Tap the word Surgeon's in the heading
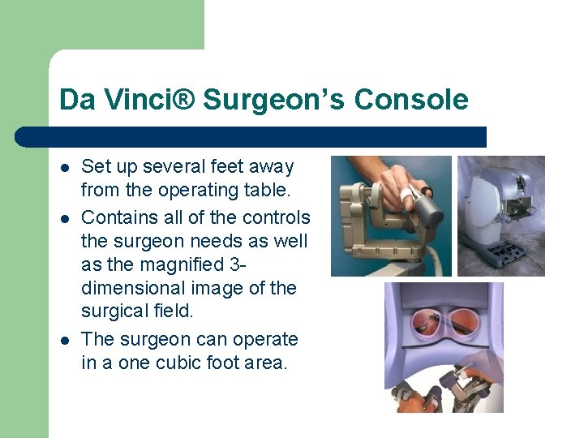pos(275,100)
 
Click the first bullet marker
pos(65,168)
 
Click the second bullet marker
pos(65,218)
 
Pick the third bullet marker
pos(65,340)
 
